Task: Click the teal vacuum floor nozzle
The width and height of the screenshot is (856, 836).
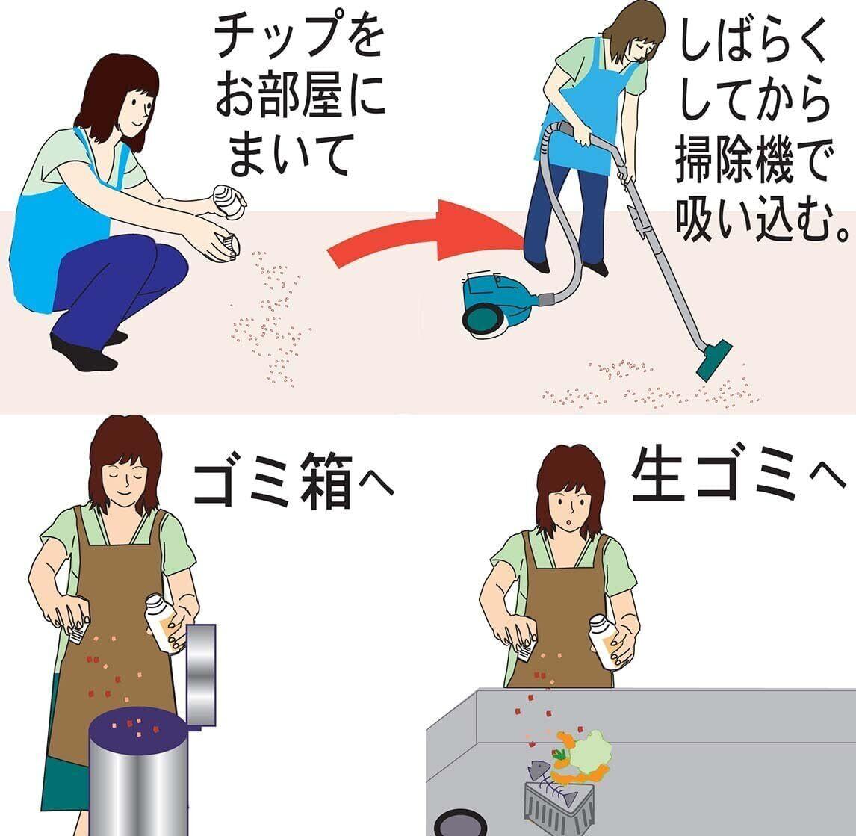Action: (x=713, y=360)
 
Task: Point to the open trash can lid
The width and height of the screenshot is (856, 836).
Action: (x=201, y=676)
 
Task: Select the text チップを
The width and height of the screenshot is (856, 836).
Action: (x=300, y=36)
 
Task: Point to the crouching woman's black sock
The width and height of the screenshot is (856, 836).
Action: (x=82, y=354)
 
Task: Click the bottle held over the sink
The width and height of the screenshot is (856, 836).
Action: (x=607, y=643)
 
